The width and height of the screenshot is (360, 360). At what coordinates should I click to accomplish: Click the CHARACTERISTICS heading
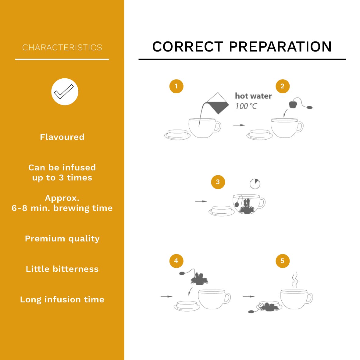tap(62, 48)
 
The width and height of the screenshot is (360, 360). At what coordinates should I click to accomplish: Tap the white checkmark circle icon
tap(65, 92)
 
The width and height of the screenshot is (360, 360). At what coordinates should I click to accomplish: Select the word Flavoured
tap(62, 137)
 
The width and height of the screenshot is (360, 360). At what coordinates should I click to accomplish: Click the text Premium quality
tap(62, 239)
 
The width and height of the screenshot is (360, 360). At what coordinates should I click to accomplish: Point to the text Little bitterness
tap(62, 269)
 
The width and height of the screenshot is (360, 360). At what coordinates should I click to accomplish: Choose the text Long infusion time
tap(62, 300)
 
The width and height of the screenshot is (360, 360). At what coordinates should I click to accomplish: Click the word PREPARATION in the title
tap(280, 47)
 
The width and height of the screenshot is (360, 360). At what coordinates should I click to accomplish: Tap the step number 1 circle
tap(176, 86)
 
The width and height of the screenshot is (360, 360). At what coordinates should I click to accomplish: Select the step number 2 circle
tap(283, 86)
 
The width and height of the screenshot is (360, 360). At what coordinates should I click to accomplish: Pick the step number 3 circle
tap(218, 182)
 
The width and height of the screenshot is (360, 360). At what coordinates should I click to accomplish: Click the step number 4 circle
tap(176, 261)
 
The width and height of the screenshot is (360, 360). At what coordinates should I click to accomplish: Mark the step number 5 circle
tap(283, 261)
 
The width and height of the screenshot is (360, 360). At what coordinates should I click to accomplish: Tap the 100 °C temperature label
tap(246, 106)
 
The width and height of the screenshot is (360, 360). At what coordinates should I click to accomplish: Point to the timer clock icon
tap(255, 184)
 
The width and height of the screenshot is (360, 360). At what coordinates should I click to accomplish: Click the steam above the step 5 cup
tap(295, 280)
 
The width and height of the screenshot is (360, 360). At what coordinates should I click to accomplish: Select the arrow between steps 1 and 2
tap(239, 125)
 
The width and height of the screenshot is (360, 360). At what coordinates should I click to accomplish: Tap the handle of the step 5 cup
tap(309, 298)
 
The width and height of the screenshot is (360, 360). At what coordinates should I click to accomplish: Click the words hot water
tap(254, 96)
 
